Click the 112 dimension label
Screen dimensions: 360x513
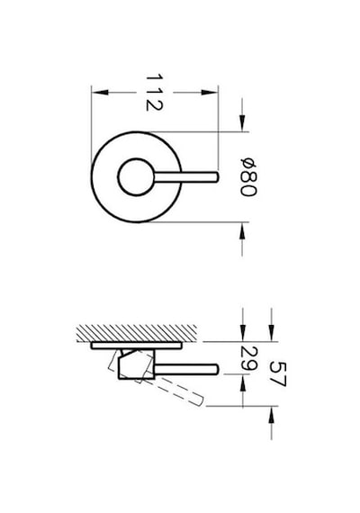pyautogui.click(x=154, y=93)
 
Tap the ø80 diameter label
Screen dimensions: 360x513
pyautogui.click(x=248, y=177)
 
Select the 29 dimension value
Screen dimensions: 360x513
pyautogui.click(x=248, y=358)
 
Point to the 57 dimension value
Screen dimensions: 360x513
pyautogui.click(x=278, y=374)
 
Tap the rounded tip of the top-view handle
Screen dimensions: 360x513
pyautogui.click(x=216, y=177)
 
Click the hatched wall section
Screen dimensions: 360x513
pyautogui.click(x=137, y=333)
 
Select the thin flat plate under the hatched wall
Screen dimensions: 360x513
pyautogui.click(x=136, y=346)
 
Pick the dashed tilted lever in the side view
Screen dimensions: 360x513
pyautogui.click(x=179, y=391)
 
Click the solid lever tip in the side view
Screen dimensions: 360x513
pyautogui.click(x=216, y=369)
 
